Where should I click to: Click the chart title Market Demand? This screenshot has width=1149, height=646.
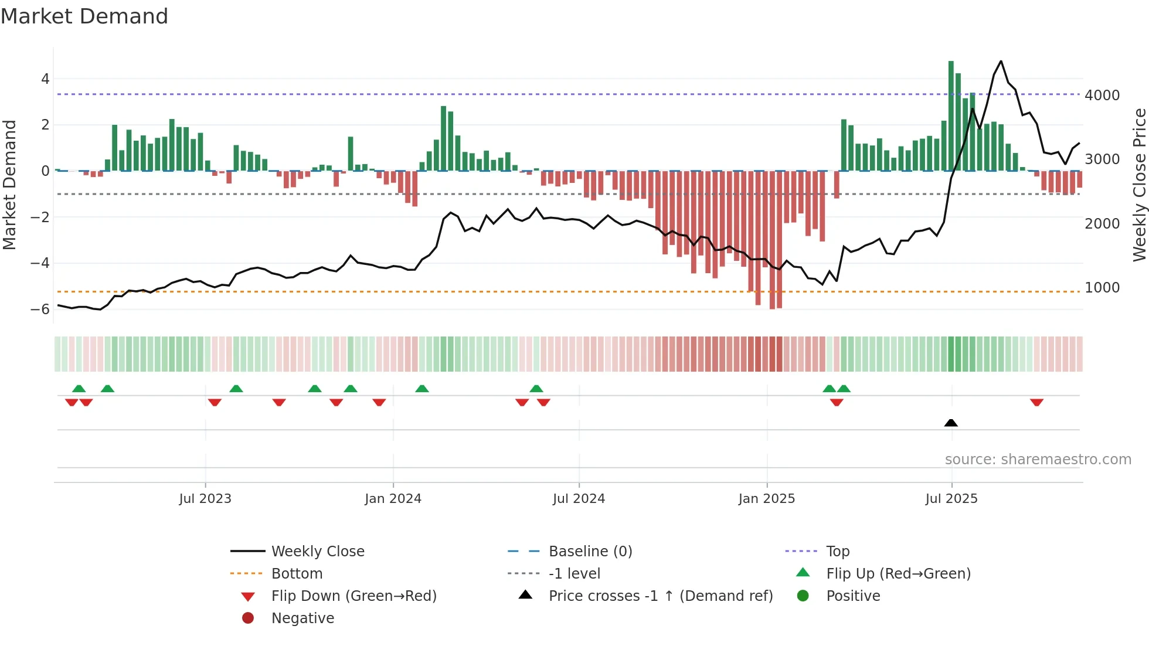point(84,16)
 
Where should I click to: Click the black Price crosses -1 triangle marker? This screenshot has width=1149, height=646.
point(951,423)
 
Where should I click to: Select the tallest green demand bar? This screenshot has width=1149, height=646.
point(951,115)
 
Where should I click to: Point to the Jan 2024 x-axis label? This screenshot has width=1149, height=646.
point(393,499)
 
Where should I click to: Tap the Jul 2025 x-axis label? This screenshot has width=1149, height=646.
point(951,499)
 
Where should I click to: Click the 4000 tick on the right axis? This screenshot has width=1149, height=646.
point(1102,95)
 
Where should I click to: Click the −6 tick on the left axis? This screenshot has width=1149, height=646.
point(40,310)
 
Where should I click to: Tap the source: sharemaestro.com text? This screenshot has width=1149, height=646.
point(1038,460)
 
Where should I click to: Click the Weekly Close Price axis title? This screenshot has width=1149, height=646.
point(1139,185)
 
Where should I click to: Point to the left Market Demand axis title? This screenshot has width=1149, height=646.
point(10,185)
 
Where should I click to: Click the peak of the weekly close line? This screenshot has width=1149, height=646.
point(1001,61)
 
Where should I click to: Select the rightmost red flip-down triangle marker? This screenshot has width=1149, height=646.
point(1036,402)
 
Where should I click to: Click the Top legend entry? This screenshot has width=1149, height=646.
point(838,552)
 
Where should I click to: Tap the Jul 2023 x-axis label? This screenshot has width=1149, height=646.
point(205,499)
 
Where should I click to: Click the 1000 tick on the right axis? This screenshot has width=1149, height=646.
point(1102,288)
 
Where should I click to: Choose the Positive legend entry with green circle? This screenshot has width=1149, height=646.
point(853,596)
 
